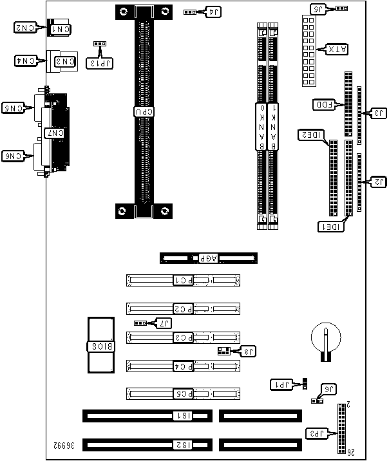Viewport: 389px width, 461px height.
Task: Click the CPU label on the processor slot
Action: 144,111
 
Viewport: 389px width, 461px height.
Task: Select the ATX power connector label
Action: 336,49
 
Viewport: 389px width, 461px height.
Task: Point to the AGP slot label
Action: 209,258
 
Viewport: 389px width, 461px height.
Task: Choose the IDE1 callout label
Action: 331,227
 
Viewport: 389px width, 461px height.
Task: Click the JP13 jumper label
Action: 100,62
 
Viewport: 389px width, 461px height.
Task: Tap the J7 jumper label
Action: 165,322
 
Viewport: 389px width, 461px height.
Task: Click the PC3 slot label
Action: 183,337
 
